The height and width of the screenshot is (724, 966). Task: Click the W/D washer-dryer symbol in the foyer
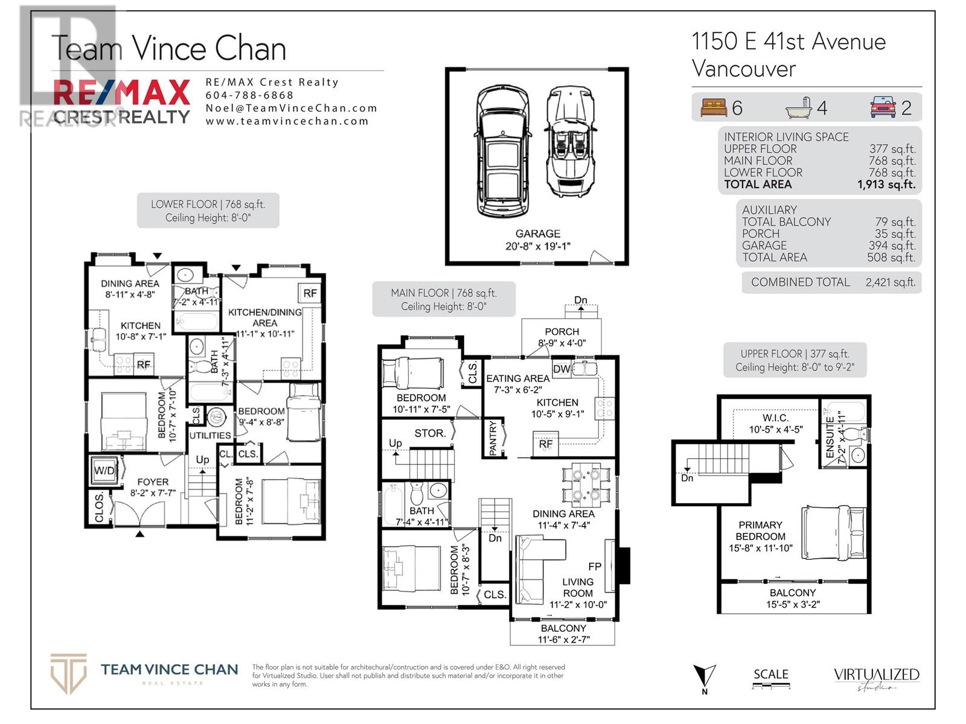pos(104,471)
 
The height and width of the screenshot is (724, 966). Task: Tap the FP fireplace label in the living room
pos(595,567)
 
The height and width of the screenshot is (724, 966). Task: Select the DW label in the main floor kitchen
pos(561,369)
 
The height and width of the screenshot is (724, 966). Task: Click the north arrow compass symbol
pos(704,677)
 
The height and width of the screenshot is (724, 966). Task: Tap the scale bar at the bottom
pos(771,685)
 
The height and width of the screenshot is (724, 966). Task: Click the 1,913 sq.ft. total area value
pos(886,185)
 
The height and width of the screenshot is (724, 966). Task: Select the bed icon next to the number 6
pos(714,108)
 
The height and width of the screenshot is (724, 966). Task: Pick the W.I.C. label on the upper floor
pos(775,418)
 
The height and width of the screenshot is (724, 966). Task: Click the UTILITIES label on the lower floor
pos(210,435)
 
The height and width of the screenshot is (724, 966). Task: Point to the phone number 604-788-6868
pos(249,95)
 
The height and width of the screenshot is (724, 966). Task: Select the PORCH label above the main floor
pos(561,332)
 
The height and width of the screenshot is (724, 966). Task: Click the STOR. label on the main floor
pos(430,433)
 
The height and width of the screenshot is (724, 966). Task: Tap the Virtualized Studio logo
pos(876,678)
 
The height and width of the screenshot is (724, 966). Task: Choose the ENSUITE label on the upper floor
pos(830,438)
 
